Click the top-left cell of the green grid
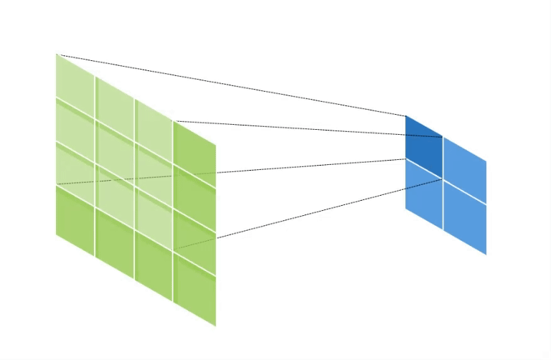75,87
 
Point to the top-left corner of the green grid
57,55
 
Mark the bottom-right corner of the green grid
215,326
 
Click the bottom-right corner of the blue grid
486,254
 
